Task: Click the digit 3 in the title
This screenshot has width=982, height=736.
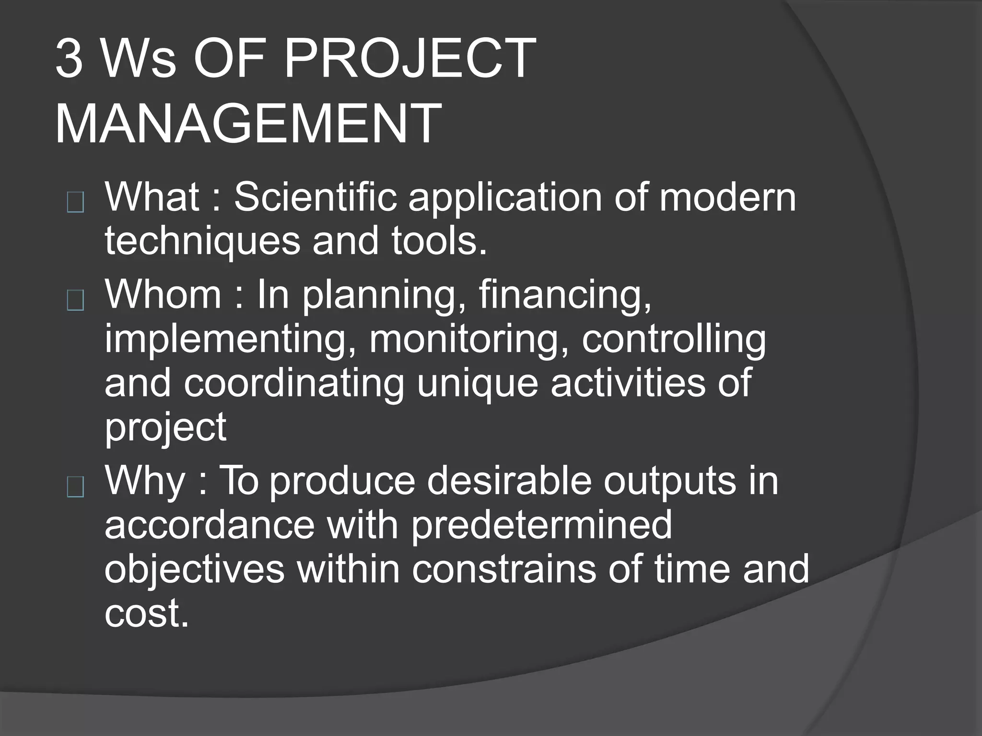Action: [70, 59]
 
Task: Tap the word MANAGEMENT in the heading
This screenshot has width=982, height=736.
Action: [248, 124]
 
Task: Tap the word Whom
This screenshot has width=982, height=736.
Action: [163, 295]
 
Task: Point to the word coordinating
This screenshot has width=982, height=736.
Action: [294, 383]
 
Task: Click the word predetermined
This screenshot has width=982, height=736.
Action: [541, 524]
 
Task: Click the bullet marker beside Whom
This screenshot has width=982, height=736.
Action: [76, 301]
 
